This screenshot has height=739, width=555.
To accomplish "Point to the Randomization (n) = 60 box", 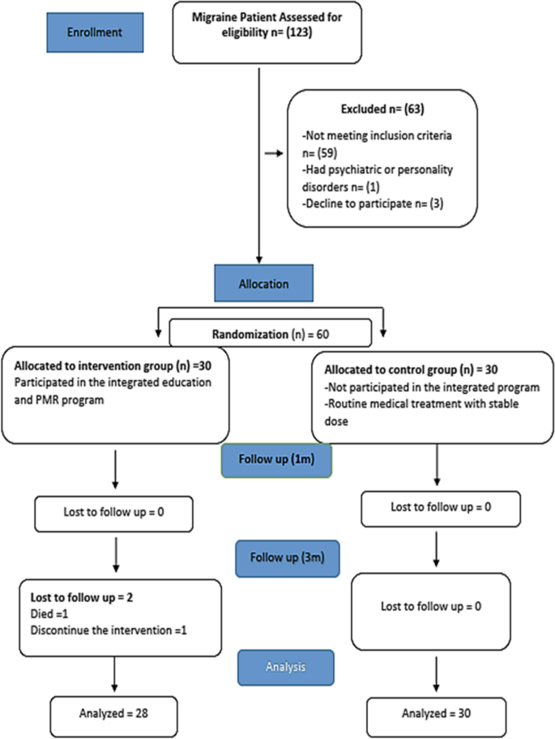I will tap(270, 331).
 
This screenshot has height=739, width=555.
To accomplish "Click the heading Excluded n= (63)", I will tap(378, 108).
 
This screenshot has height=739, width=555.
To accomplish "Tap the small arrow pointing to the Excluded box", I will tap(276, 151).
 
